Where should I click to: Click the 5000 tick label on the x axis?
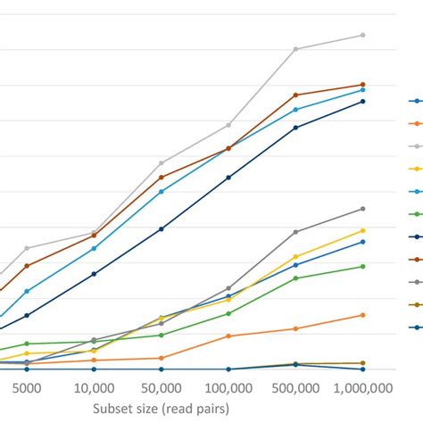(x=27, y=389)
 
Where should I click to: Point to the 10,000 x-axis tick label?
(x=94, y=389)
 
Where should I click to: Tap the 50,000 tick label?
(x=162, y=389)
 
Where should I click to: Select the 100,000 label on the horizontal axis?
(x=228, y=389)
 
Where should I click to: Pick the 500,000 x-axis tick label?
(x=295, y=389)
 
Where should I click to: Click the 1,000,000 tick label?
(x=361, y=389)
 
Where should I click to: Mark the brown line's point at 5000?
(x=27, y=265)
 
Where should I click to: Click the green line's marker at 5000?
(x=27, y=344)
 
